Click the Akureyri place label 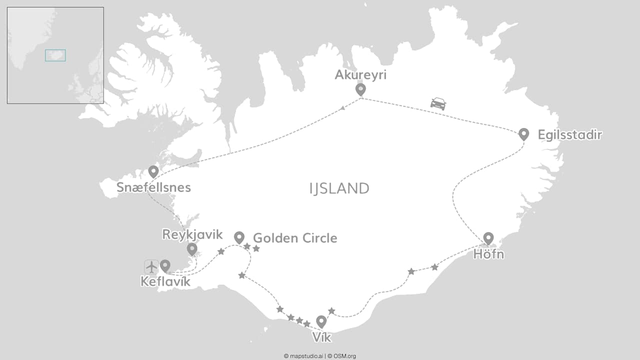pyautogui.click(x=360, y=75)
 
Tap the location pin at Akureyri pyautogui.click(x=360, y=89)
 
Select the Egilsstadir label pyautogui.click(x=569, y=134)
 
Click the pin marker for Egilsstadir pyautogui.click(x=523, y=133)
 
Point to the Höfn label pyautogui.click(x=488, y=254)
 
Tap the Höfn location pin pyautogui.click(x=488, y=238)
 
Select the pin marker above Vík pyautogui.click(x=321, y=321)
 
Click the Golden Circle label pyautogui.click(x=295, y=238)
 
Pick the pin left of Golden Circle pyautogui.click(x=239, y=237)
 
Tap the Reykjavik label pyautogui.click(x=192, y=234)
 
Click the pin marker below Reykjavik pyautogui.click(x=192, y=249)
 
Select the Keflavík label pyautogui.click(x=165, y=282)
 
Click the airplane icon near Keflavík pyautogui.click(x=151, y=266)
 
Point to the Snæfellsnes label pyautogui.click(x=153, y=187)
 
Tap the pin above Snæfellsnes pyautogui.click(x=153, y=171)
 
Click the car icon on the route pyautogui.click(x=438, y=103)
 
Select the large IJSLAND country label pyautogui.click(x=339, y=188)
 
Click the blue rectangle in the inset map pyautogui.click(x=55, y=55)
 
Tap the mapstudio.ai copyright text pyautogui.click(x=303, y=356)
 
